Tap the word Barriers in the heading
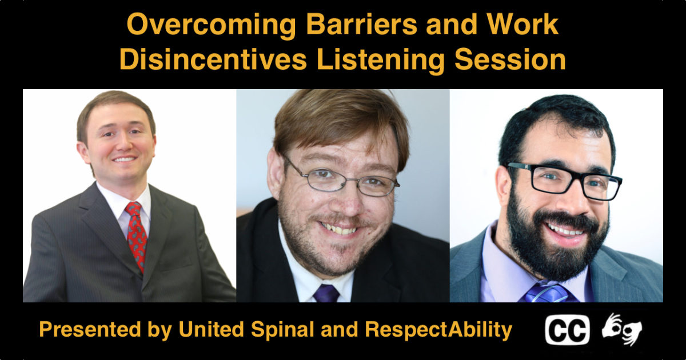coord(361,25)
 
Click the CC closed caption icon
coord(567,330)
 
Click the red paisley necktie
coord(137,234)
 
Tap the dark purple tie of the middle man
coord(326,293)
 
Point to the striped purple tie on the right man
coord(548,292)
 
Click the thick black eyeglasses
coord(564,181)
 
